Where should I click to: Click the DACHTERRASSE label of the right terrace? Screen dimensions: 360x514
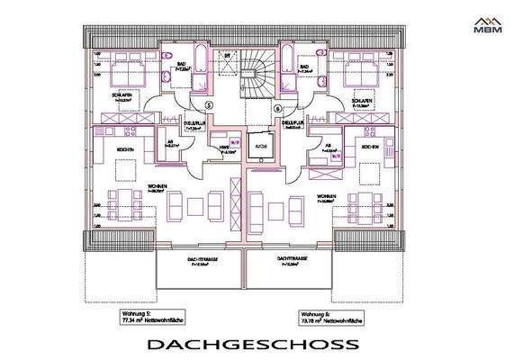click(289, 258)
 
